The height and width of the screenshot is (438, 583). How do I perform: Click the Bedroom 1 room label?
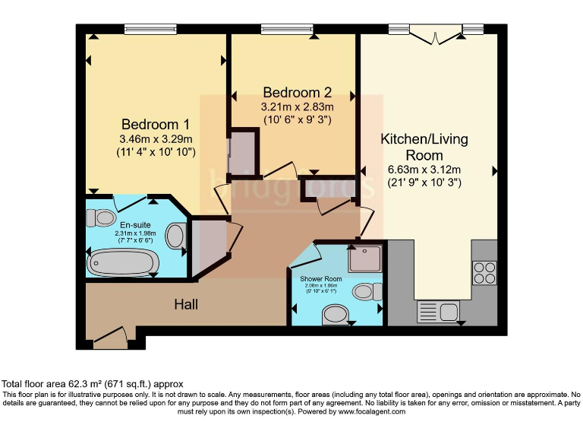click(x=156, y=124)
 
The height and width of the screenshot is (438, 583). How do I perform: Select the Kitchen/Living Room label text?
click(x=424, y=147)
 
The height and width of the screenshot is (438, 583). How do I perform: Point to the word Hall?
click(x=186, y=304)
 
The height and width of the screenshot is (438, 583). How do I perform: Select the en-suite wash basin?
click(x=176, y=236)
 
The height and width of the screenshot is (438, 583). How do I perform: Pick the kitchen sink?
click(x=438, y=312)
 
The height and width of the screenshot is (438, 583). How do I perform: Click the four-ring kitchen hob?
click(x=484, y=272)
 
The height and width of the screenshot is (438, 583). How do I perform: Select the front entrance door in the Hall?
click(x=110, y=337)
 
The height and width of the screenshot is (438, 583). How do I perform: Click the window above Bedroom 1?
click(x=151, y=30)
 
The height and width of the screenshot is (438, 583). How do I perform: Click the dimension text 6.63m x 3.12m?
click(x=424, y=170)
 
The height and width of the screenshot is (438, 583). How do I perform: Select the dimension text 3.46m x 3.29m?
click(x=156, y=139)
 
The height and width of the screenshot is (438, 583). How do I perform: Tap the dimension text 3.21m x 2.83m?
click(x=297, y=107)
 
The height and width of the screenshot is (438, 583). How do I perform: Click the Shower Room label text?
click(x=321, y=279)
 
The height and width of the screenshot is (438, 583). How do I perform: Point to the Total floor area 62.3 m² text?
click(x=93, y=384)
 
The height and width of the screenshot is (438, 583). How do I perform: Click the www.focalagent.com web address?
click(x=371, y=411)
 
